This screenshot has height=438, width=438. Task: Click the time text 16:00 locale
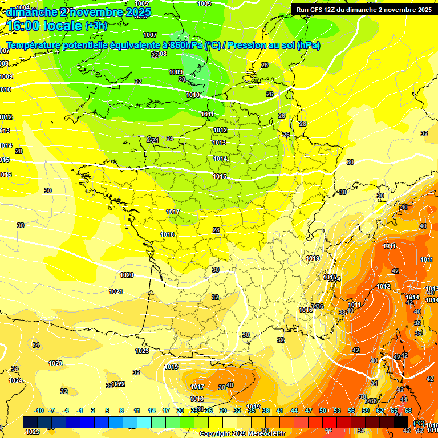pos(44,26)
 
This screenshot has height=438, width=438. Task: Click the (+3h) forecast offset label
pos(95,26)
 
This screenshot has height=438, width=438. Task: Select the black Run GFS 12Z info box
pos(363,9)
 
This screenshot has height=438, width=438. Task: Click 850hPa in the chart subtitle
pos(185,45)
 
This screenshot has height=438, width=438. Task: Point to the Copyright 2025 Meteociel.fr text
pos(242,434)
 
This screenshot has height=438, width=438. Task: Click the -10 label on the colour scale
pos(39,411)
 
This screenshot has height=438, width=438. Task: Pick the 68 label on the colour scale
pos(408,411)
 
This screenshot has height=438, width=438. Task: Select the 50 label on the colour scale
pos(323,411)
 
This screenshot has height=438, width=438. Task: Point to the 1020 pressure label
pos(127,275)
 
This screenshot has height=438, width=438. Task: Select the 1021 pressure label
pos(116,291)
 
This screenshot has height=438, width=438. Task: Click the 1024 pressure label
pos(15,380)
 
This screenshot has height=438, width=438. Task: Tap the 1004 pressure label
pos(23,7)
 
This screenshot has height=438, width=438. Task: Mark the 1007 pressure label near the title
pos(150,35)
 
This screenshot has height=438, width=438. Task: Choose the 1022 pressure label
pos(119,384)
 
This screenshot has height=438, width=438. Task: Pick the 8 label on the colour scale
pos(121,411)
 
